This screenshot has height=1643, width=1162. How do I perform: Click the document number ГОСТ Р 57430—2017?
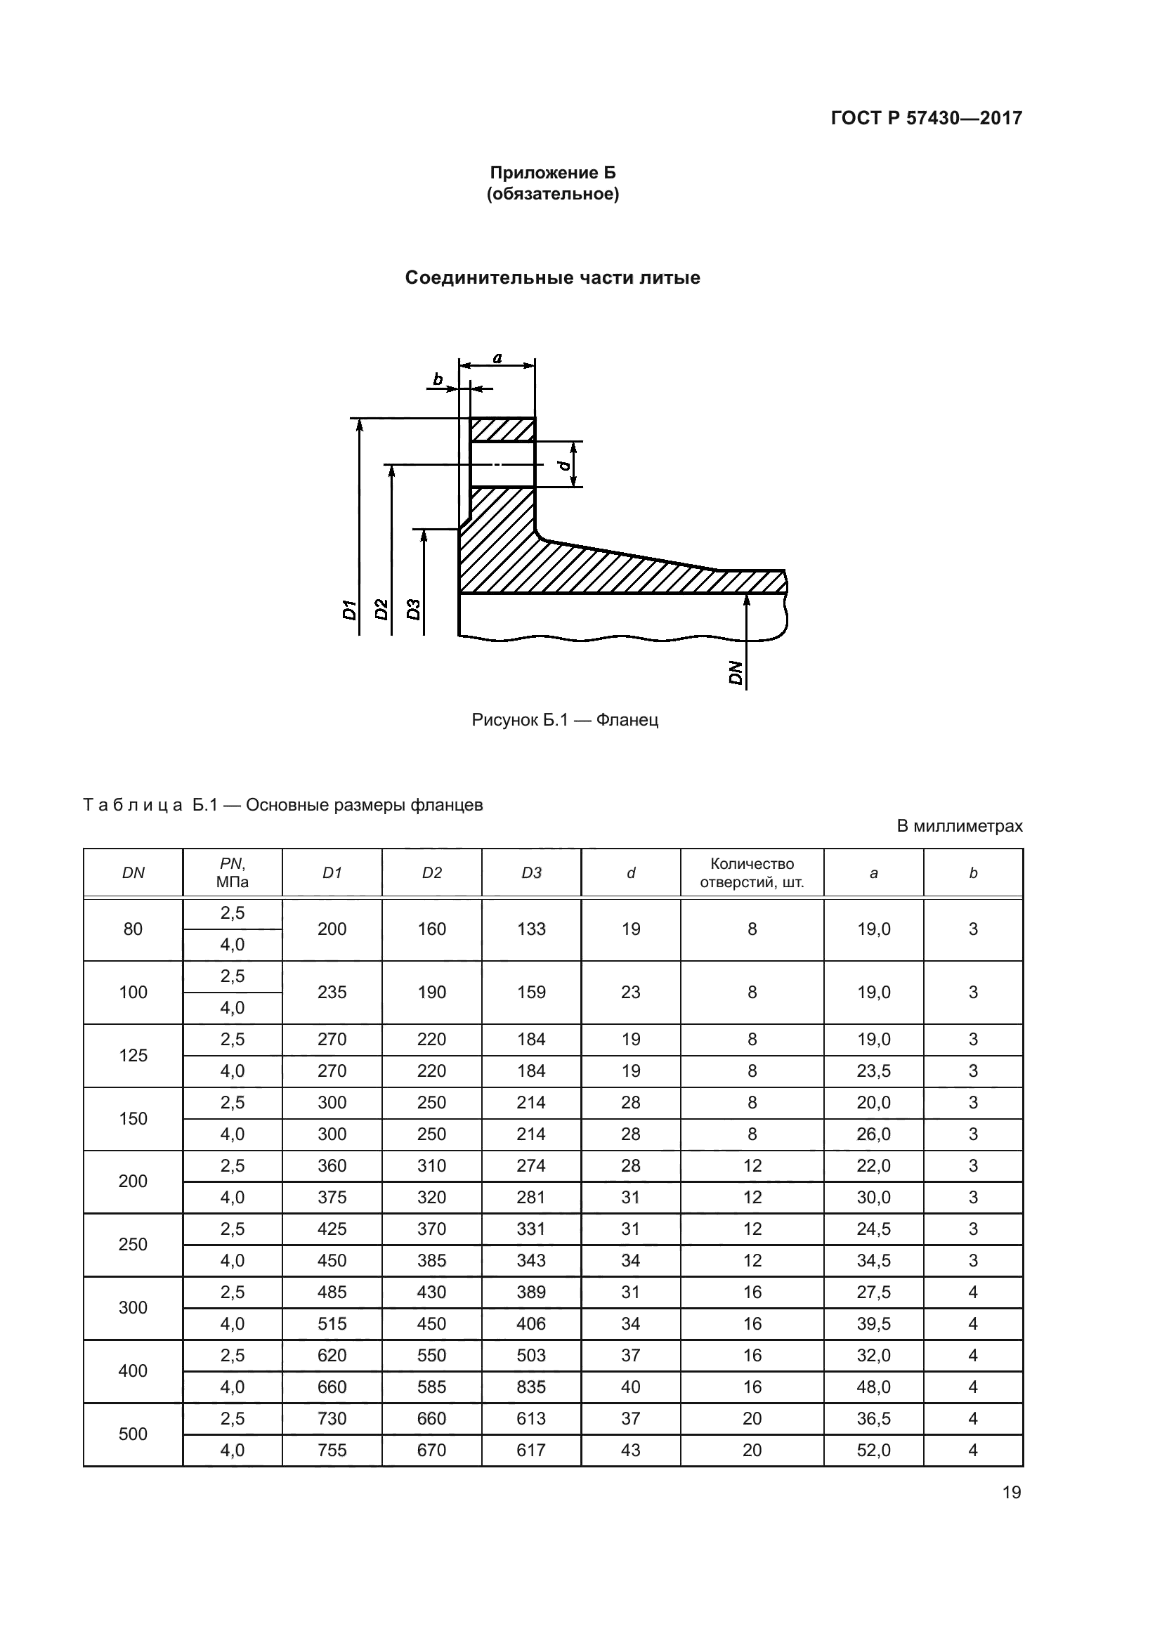pyautogui.click(x=926, y=118)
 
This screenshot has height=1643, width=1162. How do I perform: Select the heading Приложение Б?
pyautogui.click(x=552, y=173)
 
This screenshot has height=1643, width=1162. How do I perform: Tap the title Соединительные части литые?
pyautogui.click(x=552, y=277)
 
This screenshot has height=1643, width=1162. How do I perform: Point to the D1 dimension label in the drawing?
pyautogui.click(x=350, y=610)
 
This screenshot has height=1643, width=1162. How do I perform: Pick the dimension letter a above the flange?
pyautogui.click(x=497, y=358)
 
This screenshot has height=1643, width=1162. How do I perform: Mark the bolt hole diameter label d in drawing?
pyautogui.click(x=565, y=465)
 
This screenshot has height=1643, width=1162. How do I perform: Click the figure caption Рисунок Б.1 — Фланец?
pyautogui.click(x=565, y=720)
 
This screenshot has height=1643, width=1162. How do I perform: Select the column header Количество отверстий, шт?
pyautogui.click(x=752, y=872)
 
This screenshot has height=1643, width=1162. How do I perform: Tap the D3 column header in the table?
pyautogui.click(x=531, y=873)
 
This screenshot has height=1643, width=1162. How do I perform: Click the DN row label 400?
pyautogui.click(x=133, y=1370)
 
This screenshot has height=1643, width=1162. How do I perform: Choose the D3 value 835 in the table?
pyautogui.click(x=531, y=1387)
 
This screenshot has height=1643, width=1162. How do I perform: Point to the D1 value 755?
pyautogui.click(x=332, y=1450)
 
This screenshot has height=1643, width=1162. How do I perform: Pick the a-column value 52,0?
pyautogui.click(x=874, y=1450)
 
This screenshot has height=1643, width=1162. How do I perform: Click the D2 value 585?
pyautogui.click(x=431, y=1387)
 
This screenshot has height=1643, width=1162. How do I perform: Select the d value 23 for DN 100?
pyautogui.click(x=630, y=992)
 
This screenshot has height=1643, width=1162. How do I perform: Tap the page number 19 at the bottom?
pyautogui.click(x=1012, y=1492)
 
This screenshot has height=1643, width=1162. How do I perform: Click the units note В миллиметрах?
pyautogui.click(x=960, y=826)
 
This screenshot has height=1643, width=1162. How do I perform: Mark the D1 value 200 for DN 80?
pyautogui.click(x=332, y=929)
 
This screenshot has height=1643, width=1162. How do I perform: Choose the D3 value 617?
pyautogui.click(x=531, y=1450)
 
